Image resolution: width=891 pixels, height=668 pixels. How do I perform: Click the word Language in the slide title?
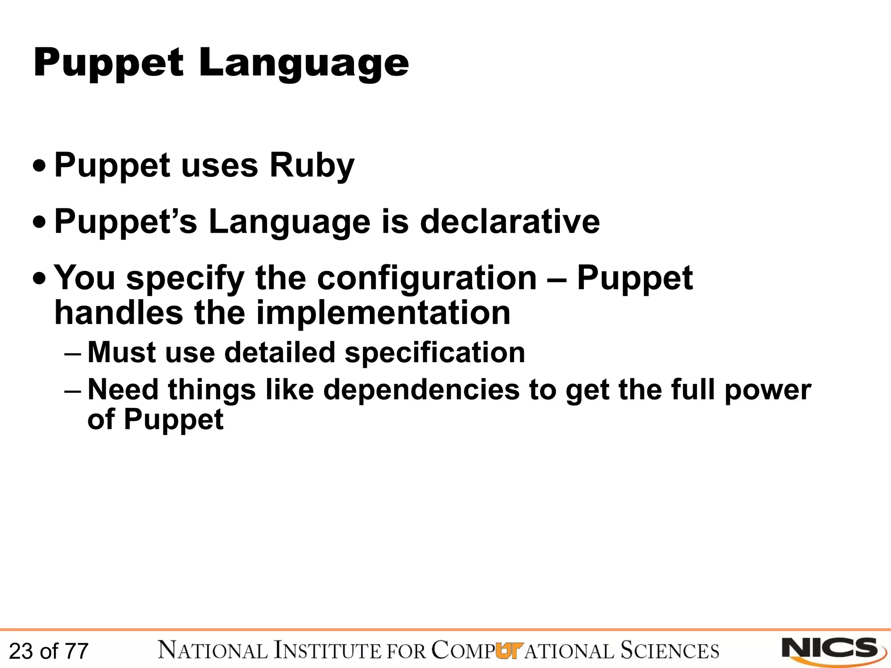coord(304,63)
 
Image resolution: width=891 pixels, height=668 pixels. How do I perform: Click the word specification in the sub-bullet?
coord(435,352)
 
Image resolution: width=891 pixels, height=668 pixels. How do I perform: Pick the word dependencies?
coord(421,390)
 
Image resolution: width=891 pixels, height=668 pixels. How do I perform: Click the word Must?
coord(121,352)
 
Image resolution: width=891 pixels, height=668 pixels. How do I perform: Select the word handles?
coord(118,313)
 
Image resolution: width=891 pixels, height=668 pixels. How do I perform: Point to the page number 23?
coord(21,651)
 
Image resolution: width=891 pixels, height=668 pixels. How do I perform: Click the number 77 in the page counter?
coord(77,651)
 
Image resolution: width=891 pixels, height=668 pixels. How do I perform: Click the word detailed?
coord(279,352)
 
